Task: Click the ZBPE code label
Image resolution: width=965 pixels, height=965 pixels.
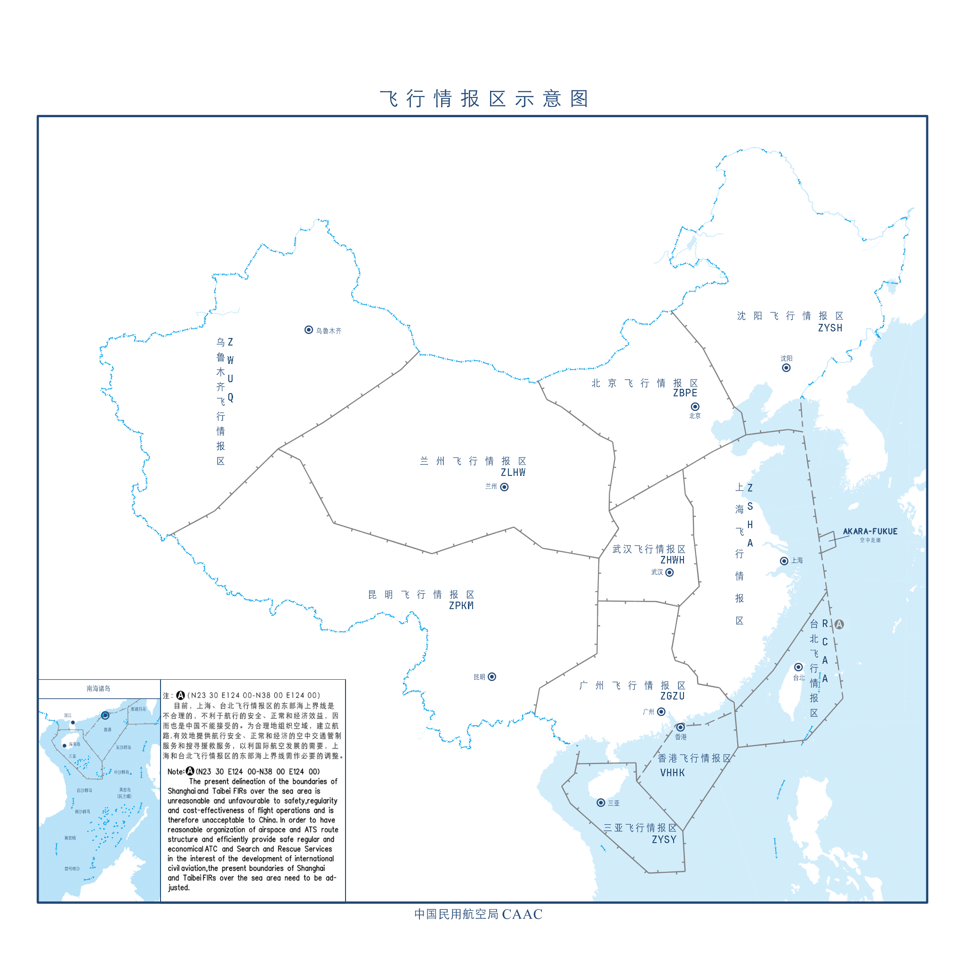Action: (x=685, y=393)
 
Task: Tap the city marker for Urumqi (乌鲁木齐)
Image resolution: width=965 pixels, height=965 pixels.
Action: (x=309, y=330)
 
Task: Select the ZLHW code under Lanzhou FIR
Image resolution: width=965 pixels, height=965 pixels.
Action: (x=513, y=473)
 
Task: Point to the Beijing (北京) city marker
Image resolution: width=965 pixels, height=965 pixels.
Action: (x=695, y=407)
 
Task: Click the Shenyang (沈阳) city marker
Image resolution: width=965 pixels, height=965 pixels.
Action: (x=786, y=368)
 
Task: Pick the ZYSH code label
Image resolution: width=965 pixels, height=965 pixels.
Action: (x=830, y=328)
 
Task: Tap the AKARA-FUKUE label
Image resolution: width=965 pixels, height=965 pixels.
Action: (x=870, y=531)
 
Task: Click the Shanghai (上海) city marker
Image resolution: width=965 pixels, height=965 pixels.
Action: (x=784, y=561)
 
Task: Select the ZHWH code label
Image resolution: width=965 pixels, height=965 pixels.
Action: (x=672, y=560)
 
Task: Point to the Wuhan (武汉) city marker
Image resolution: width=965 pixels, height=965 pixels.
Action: (x=670, y=572)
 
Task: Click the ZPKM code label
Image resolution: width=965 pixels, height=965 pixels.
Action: (x=461, y=606)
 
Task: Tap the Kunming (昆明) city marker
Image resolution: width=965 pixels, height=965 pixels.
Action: (x=492, y=677)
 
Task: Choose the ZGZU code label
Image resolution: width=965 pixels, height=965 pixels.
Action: (x=672, y=696)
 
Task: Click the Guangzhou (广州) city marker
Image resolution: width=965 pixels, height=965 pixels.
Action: (x=661, y=712)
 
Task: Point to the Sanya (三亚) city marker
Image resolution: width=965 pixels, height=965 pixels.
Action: (x=601, y=803)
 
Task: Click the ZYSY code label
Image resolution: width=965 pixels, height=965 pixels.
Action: (x=664, y=840)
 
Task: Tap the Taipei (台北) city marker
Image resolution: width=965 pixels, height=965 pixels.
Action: (x=799, y=667)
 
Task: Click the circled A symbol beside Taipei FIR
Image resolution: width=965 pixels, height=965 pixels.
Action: (x=839, y=624)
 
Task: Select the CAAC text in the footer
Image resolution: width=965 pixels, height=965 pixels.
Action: (x=522, y=915)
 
